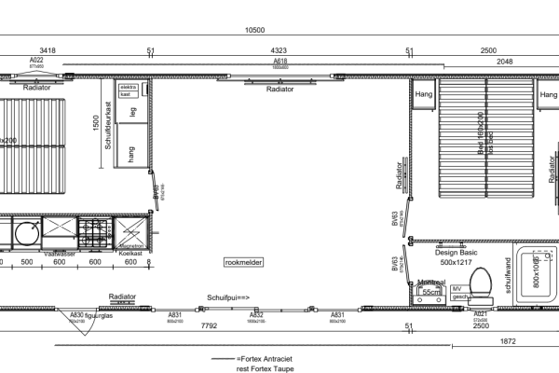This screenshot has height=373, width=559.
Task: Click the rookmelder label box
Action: point(245,263)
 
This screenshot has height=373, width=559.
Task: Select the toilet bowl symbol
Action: point(481,282)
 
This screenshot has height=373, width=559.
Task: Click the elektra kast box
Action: point(128,91)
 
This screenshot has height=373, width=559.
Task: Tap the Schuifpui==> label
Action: point(228,297)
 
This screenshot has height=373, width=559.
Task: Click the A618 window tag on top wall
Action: point(280,62)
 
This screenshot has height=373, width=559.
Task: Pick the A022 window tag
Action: point(37,62)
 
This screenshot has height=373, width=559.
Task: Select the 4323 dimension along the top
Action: point(279,50)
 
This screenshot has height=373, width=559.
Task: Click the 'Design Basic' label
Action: point(456,252)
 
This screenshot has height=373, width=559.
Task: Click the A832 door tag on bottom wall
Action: point(255,316)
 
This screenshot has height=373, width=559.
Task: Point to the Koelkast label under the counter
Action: point(130,253)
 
